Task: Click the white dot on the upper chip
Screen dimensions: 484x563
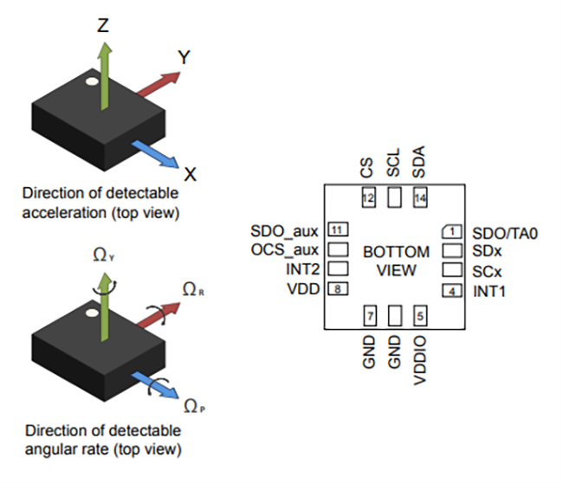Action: point(91,83)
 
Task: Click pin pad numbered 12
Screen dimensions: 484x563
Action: point(368,198)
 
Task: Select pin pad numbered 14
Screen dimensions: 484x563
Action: point(420,198)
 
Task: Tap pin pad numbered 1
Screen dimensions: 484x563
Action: point(450,231)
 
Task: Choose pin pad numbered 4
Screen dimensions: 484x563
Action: point(450,291)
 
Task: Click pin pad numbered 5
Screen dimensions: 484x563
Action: point(420,316)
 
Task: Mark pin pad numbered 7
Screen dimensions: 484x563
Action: point(369,316)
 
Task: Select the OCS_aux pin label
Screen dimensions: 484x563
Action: point(285,250)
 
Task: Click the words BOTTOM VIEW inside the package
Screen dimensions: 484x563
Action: point(395,261)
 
